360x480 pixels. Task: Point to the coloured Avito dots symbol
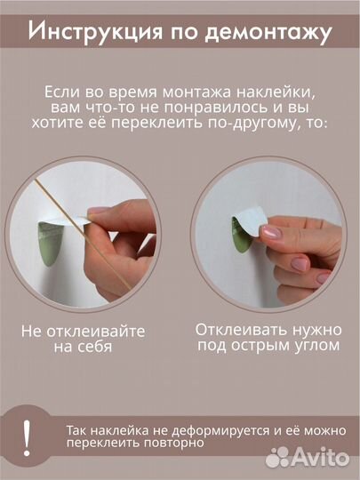point(278,458)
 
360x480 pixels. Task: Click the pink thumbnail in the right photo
point(270,233)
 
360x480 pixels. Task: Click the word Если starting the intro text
point(62,92)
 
